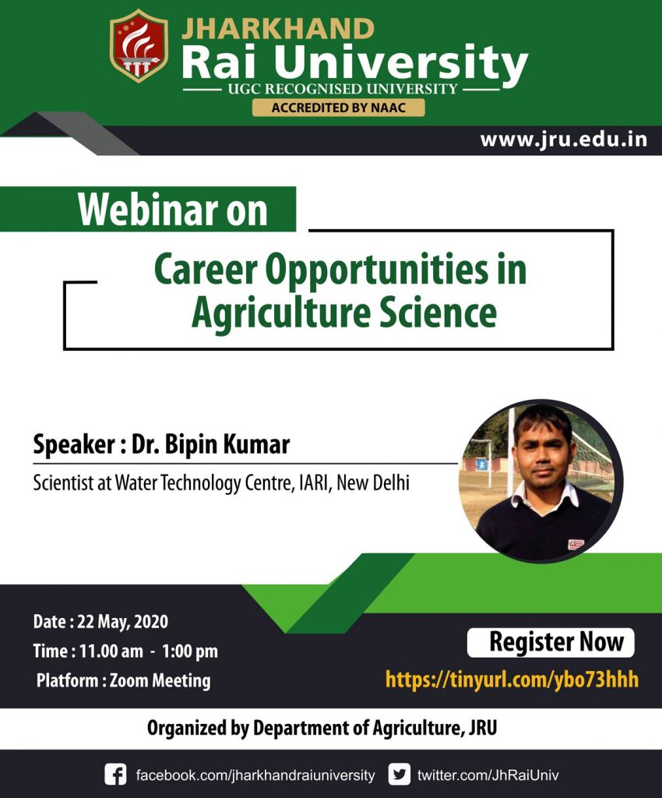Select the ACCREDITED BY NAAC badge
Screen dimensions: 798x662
coord(338,108)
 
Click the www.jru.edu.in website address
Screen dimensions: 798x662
coord(563,139)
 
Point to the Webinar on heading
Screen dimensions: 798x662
coord(172,210)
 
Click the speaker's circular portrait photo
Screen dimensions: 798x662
coord(541,481)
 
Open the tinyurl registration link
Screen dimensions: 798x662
coord(512,680)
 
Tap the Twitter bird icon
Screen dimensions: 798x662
coord(400,775)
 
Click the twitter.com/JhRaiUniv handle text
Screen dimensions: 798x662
coord(488,775)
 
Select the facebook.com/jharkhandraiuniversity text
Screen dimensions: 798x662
coord(255,775)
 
